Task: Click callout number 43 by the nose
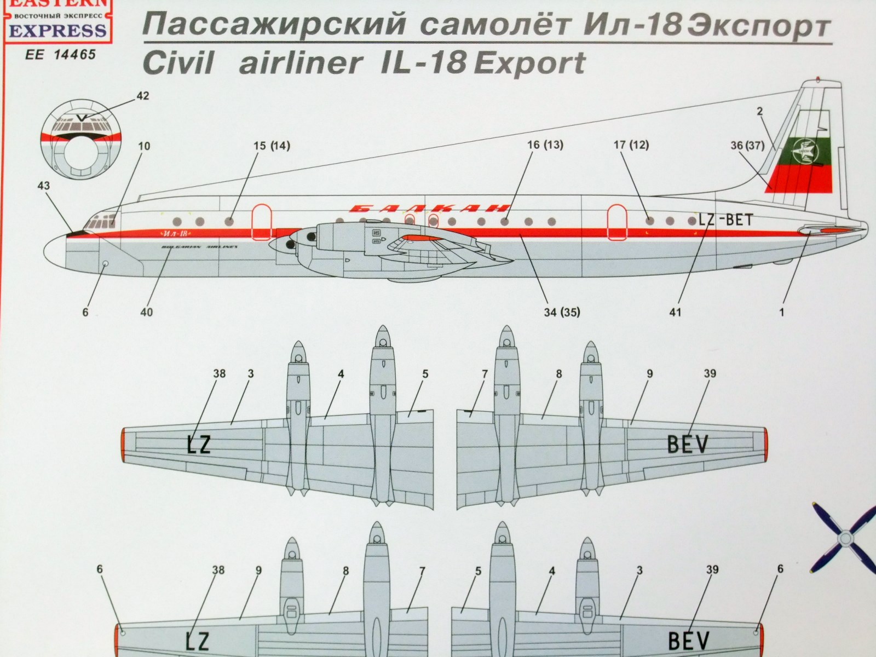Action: (44, 186)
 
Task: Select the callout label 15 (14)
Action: (272, 146)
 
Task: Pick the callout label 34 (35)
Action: (561, 312)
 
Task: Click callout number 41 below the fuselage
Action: (675, 312)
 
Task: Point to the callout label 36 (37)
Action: (747, 146)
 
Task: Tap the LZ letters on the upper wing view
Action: (198, 445)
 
